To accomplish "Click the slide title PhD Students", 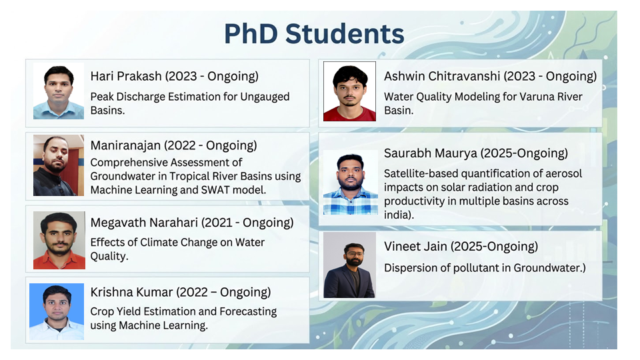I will click(x=313, y=34).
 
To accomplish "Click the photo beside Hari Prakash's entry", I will click(x=59, y=92).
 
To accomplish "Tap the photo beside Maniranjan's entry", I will click(x=59, y=165).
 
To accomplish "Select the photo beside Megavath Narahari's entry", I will click(x=59, y=240).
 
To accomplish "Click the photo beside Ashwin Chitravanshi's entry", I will click(x=349, y=92).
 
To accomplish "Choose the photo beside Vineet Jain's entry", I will click(x=349, y=265).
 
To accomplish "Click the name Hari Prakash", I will click(x=125, y=76).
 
